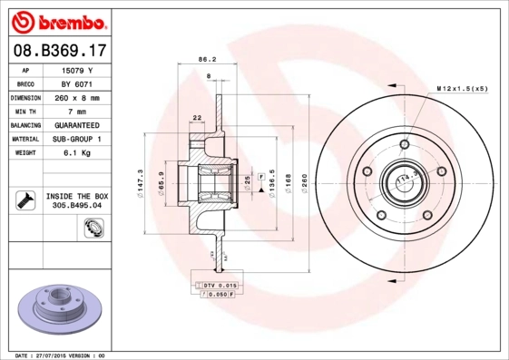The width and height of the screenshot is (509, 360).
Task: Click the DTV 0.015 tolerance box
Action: [214, 285]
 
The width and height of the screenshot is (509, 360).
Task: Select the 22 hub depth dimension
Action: [197, 117]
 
